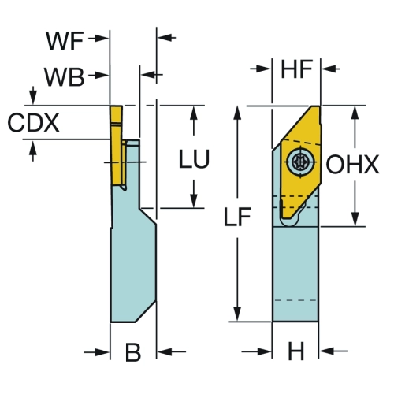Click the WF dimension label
(65, 41)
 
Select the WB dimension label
(65, 77)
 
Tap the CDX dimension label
(33, 123)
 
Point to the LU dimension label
(194, 158)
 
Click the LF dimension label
(237, 217)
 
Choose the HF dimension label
(297, 69)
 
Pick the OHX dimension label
(352, 164)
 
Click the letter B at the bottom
(133, 352)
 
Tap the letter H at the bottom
(296, 351)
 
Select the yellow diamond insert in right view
(301, 162)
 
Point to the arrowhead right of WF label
(102, 39)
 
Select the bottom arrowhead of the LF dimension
(237, 313)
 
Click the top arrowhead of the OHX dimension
(355, 113)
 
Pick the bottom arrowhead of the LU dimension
(194, 200)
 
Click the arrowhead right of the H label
(326, 351)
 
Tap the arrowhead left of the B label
(102, 352)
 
